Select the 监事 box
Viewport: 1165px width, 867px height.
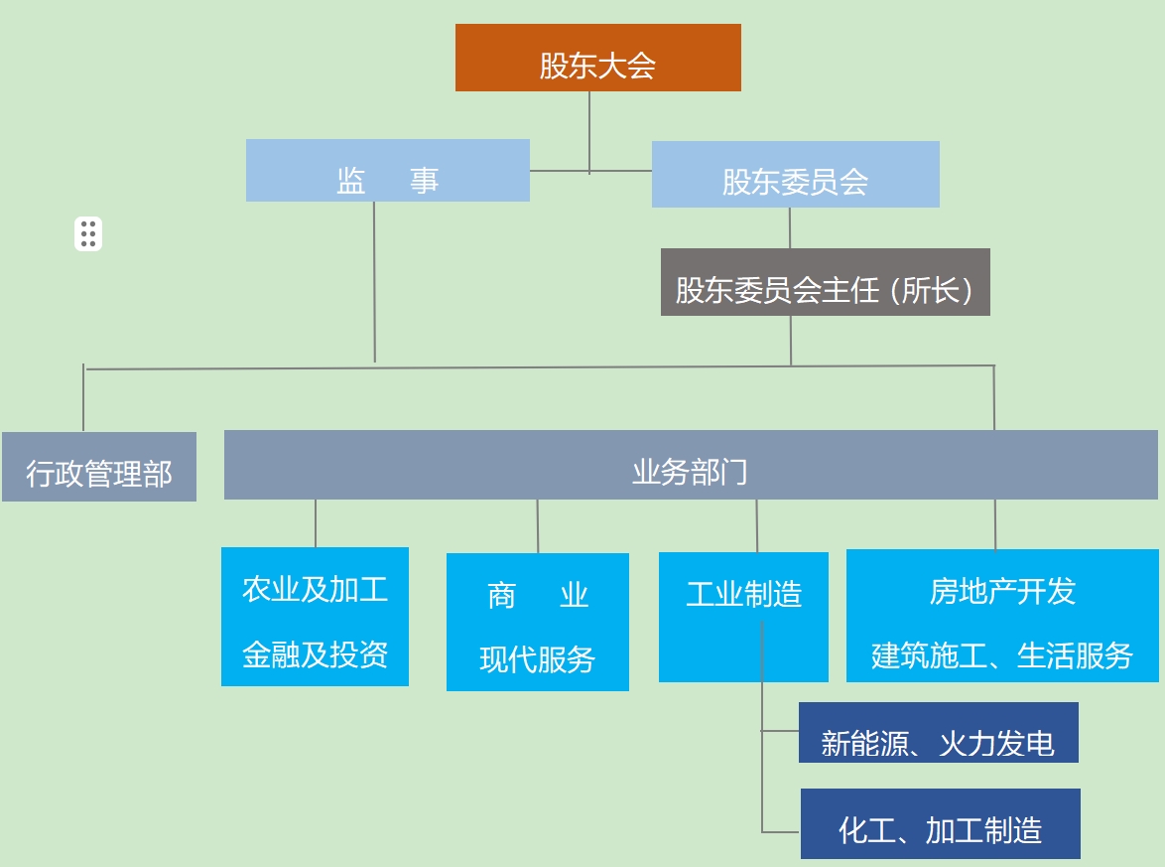pos(387,171)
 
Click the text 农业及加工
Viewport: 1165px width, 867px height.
pos(315,589)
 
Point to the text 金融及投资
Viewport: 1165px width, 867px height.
pos(315,654)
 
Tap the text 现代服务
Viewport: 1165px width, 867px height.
pos(537,658)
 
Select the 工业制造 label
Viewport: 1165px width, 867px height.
pos(743,595)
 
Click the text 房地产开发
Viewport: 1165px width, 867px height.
pos(1002,591)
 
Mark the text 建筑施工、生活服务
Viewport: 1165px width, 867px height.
pos(1002,655)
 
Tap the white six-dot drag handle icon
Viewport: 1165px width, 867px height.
pos(88,233)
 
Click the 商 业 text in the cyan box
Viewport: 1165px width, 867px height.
pos(537,595)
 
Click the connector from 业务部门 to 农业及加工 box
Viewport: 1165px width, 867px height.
pos(316,523)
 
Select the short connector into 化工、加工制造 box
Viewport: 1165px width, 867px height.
pos(781,831)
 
